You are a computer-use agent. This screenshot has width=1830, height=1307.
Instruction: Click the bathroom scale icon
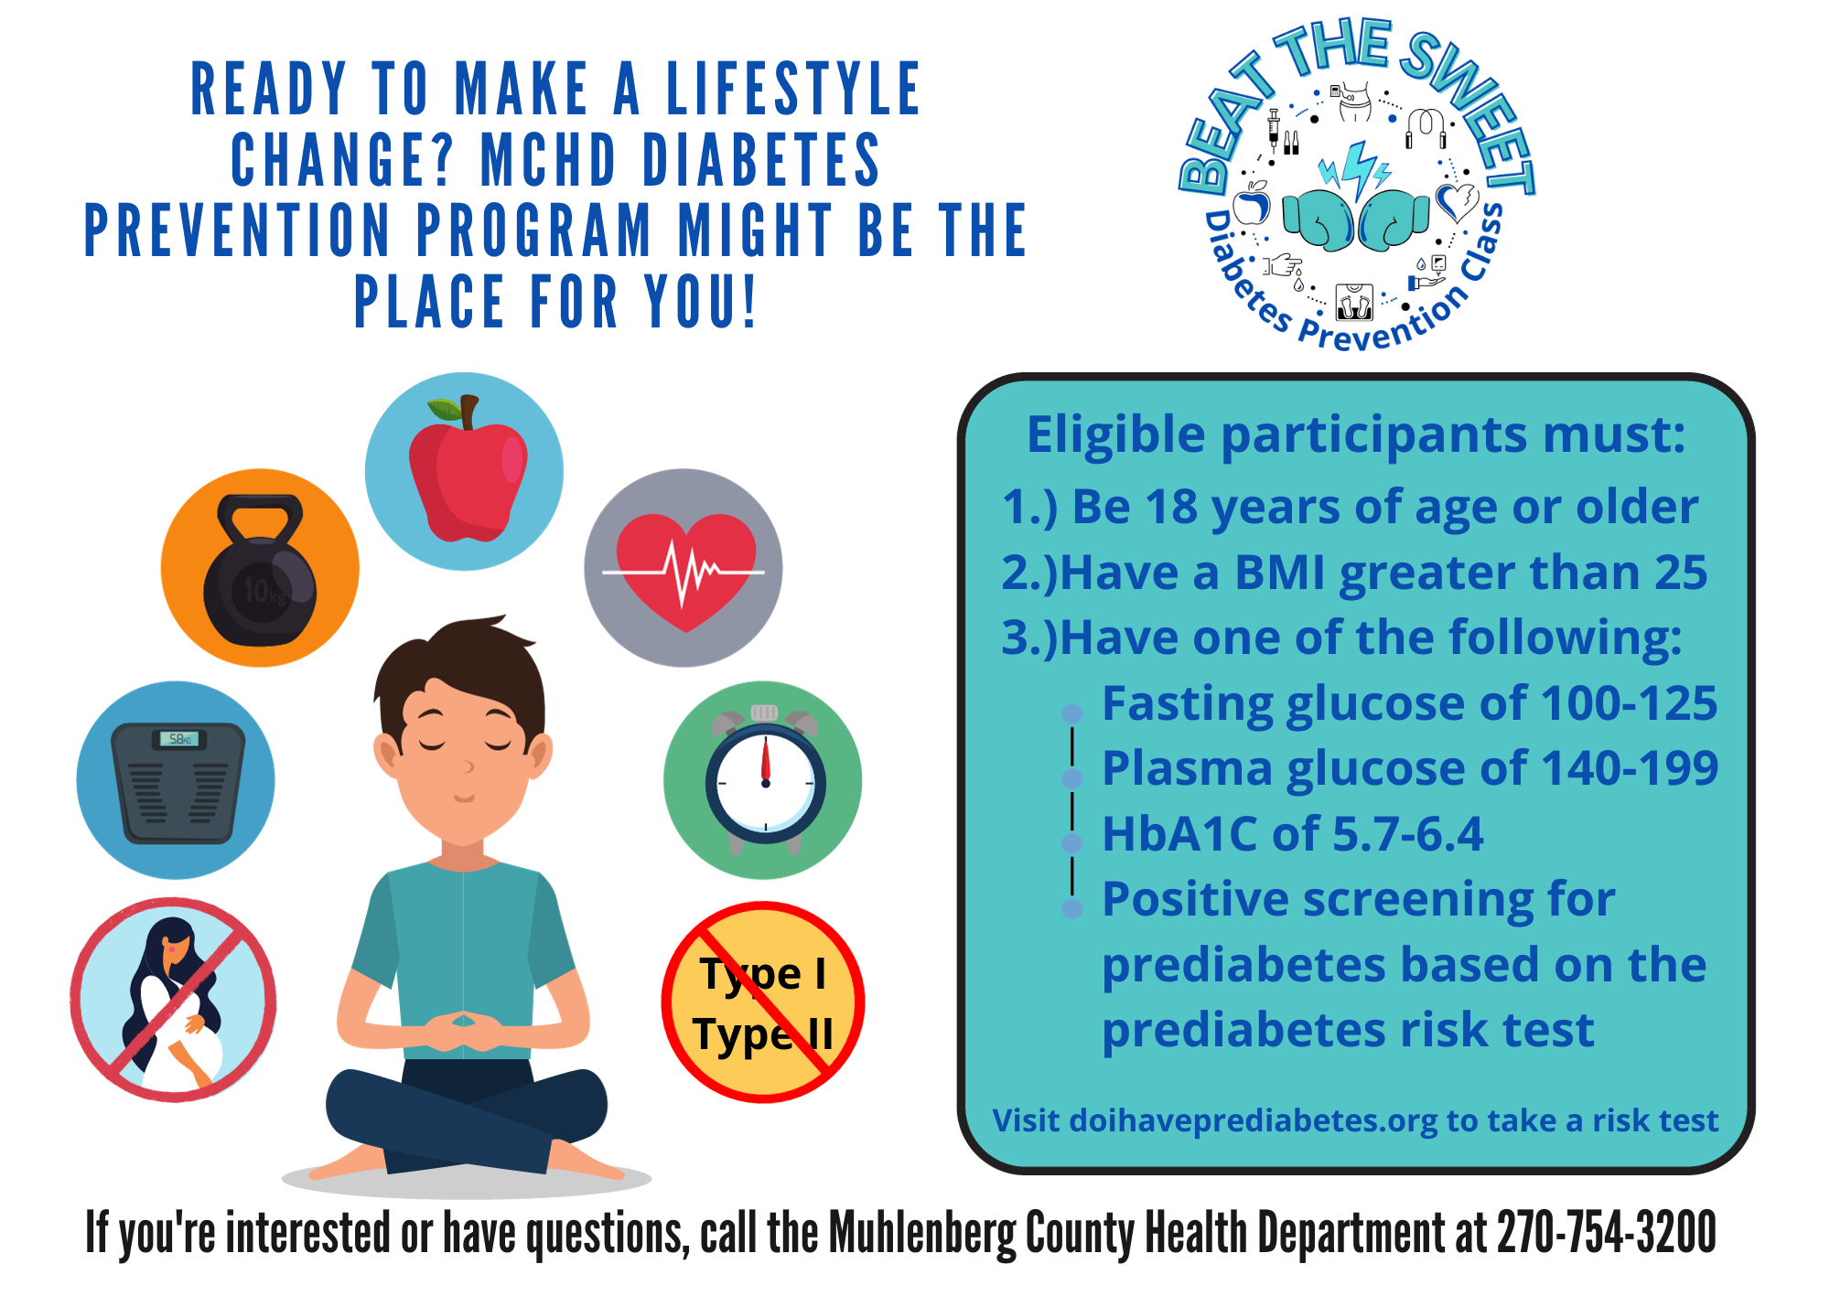point(178,782)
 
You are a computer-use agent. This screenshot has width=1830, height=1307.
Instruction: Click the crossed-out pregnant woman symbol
point(174,1000)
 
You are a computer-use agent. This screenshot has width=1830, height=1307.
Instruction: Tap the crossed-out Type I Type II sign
point(763,1002)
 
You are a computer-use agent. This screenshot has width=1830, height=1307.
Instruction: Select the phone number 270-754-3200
point(1606,1232)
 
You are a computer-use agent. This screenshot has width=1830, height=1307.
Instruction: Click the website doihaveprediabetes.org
point(1253,1120)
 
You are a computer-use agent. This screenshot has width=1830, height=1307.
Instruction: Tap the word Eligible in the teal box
point(1116,434)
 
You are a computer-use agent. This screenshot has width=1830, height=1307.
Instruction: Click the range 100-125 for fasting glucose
point(1629,703)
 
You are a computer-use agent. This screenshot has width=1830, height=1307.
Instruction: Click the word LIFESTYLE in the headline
point(792,90)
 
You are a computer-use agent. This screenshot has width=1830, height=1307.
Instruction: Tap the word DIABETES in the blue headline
point(761,160)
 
